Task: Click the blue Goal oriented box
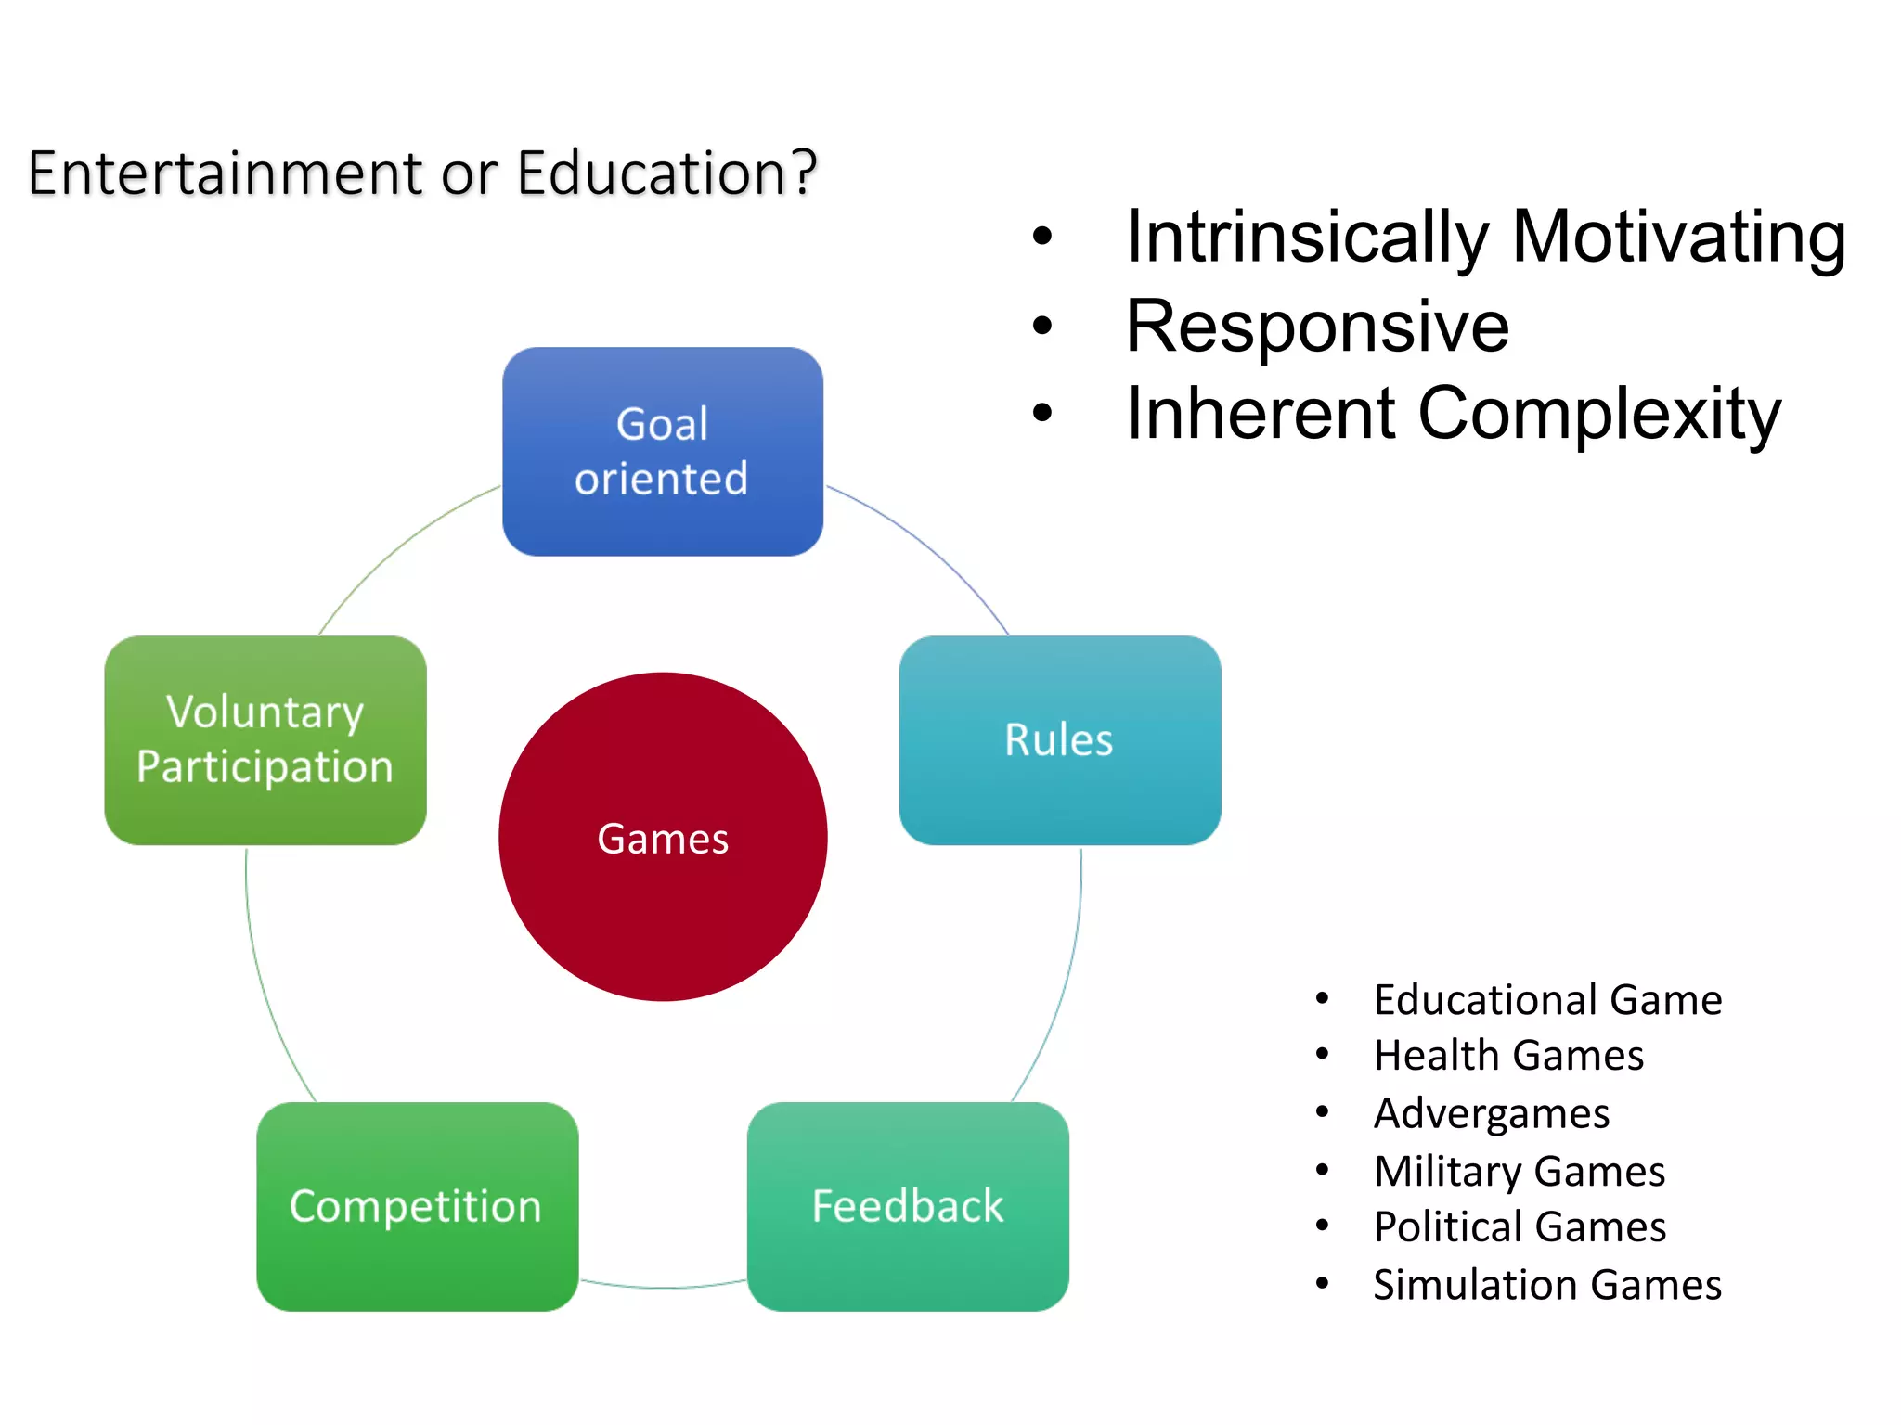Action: (x=662, y=452)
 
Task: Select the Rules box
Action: (x=1059, y=739)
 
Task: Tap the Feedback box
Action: (x=907, y=1206)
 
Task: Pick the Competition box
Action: (x=417, y=1206)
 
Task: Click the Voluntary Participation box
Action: (x=265, y=739)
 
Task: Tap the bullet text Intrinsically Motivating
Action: (x=1485, y=237)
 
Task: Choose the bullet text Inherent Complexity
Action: (x=1453, y=414)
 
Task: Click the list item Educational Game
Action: (x=1547, y=1000)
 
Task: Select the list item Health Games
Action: (x=1508, y=1056)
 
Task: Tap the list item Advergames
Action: (x=1491, y=1113)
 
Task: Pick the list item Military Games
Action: (x=1519, y=1171)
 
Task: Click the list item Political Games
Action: (x=1520, y=1226)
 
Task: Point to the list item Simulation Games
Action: (x=1547, y=1285)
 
